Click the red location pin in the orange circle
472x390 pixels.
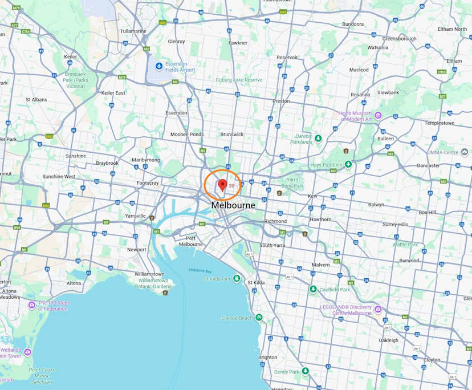[x=222, y=185]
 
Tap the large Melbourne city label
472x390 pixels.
[x=233, y=205]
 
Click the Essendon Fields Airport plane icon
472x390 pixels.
[x=158, y=66]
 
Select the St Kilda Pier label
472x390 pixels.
[x=217, y=279]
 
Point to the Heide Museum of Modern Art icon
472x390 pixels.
[x=378, y=116]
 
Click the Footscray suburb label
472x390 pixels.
[x=148, y=183]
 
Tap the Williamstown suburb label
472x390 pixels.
[x=149, y=274]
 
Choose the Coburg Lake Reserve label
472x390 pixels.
[x=238, y=80]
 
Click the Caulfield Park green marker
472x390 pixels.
[x=313, y=290]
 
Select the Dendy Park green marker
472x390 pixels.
[x=306, y=371]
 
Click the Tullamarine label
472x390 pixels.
[x=133, y=31]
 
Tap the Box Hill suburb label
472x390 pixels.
[x=427, y=212]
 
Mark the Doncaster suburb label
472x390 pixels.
[x=428, y=165]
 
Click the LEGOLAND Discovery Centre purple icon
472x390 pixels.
[x=378, y=310]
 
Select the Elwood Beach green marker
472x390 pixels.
[x=259, y=318]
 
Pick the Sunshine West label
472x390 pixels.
[x=59, y=177]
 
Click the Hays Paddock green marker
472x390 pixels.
[x=348, y=164]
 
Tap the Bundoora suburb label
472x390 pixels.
[x=352, y=24]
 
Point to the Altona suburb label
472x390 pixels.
[x=74, y=283]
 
